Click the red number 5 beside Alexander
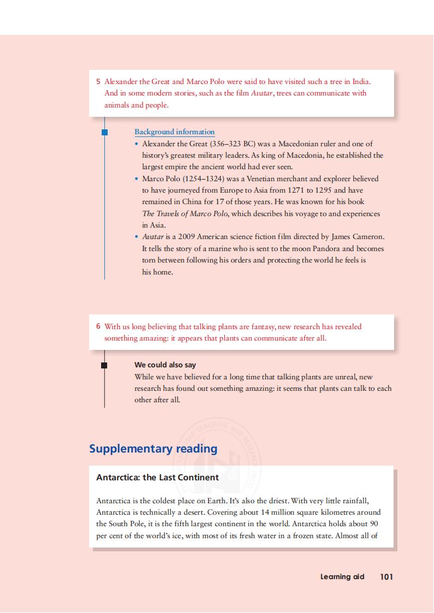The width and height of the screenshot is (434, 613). pyautogui.click(x=98, y=82)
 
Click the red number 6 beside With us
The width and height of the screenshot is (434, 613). pyautogui.click(x=98, y=326)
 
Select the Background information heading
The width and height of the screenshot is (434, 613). pyautogui.click(x=174, y=132)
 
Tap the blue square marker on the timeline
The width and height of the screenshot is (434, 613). pyautogui.click(x=104, y=132)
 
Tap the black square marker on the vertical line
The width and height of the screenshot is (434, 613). pyautogui.click(x=104, y=365)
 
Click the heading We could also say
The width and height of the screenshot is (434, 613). pyautogui.click(x=165, y=365)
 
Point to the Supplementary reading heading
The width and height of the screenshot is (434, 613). pyautogui.click(x=153, y=449)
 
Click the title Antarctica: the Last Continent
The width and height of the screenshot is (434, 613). pyautogui.click(x=157, y=478)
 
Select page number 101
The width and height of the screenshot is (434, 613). pyautogui.click(x=386, y=576)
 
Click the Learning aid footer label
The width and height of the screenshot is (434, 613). pyautogui.click(x=342, y=576)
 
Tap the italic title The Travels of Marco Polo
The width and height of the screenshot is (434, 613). pyautogui.click(x=185, y=213)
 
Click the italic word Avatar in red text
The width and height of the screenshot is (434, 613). pyautogui.click(x=262, y=93)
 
